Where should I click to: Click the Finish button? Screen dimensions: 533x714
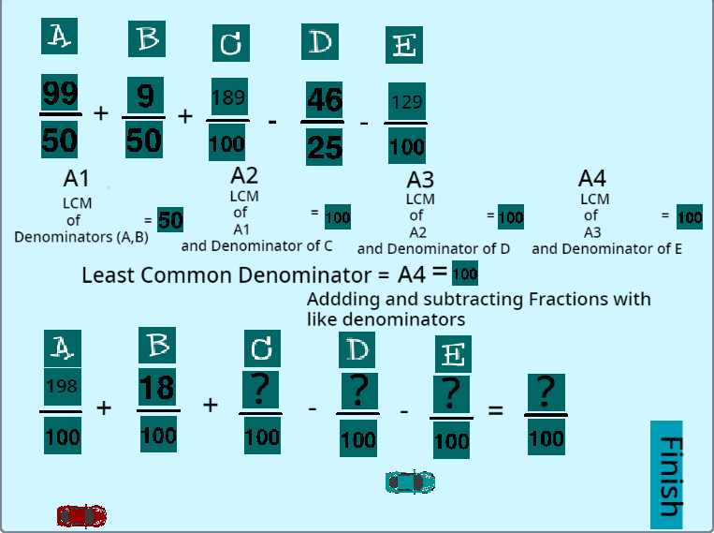tap(668, 475)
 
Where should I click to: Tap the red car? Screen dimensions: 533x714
tap(81, 515)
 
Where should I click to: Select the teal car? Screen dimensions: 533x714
tap(411, 481)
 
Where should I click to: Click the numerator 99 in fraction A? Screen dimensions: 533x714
tap(59, 94)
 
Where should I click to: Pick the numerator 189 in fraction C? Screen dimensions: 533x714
tap(228, 97)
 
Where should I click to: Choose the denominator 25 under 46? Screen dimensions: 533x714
tap(324, 146)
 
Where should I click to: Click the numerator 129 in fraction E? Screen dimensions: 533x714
tap(406, 101)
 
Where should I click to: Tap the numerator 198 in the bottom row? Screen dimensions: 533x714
tap(61, 386)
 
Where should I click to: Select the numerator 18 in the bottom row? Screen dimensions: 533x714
tap(157, 386)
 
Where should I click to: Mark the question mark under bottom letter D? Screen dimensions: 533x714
tap(357, 392)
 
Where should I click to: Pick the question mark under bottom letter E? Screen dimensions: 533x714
tap(451, 393)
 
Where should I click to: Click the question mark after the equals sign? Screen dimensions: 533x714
tap(546, 392)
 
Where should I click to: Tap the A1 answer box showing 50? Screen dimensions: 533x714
tap(170, 220)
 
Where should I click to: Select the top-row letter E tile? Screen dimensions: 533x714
tap(406, 44)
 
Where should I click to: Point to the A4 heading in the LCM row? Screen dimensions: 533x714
tap(592, 178)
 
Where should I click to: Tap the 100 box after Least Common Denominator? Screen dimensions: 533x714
tap(464, 274)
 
